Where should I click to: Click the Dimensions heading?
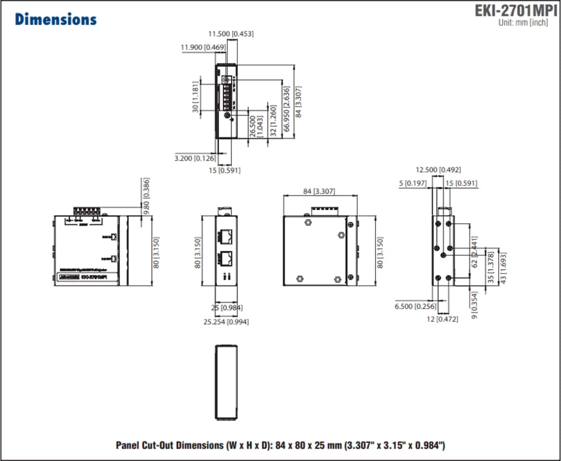[x=56, y=19]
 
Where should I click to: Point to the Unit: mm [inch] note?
[x=523, y=23]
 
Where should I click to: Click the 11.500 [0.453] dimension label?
[x=231, y=34]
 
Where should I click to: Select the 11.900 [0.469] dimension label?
[x=203, y=47]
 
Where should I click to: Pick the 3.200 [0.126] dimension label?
[x=195, y=158]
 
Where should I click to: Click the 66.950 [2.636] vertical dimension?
[x=286, y=110]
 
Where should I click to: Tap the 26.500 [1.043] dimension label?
[x=256, y=126]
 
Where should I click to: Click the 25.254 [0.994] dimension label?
[x=225, y=322]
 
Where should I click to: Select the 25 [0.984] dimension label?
[x=226, y=308]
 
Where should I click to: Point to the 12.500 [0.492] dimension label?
[x=438, y=169]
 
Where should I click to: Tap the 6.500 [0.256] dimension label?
[x=411, y=306]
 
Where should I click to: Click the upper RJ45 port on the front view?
[x=226, y=236]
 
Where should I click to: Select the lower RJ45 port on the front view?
[x=226, y=257]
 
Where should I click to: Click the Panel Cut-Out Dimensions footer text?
[x=280, y=445]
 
